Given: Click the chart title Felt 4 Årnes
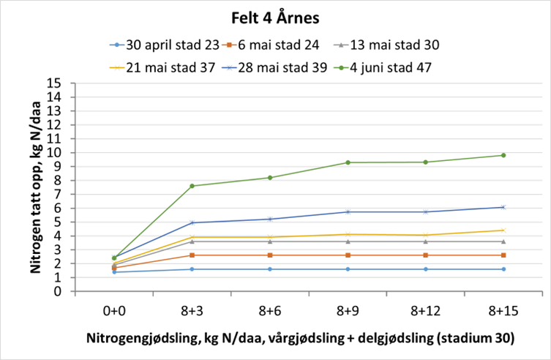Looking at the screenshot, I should (275, 15).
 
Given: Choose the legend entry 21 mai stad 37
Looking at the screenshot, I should (173, 68).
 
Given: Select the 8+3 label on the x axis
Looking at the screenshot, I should (192, 310).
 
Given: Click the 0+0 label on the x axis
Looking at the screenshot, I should (114, 310).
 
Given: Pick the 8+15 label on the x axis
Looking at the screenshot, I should (503, 310).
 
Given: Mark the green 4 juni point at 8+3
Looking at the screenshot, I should (192, 186).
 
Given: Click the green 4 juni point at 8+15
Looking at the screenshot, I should (503, 155).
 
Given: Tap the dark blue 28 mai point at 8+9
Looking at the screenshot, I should (348, 211).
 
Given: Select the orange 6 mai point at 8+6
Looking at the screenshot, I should (270, 255).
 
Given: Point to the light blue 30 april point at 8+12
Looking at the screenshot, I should (425, 269).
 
